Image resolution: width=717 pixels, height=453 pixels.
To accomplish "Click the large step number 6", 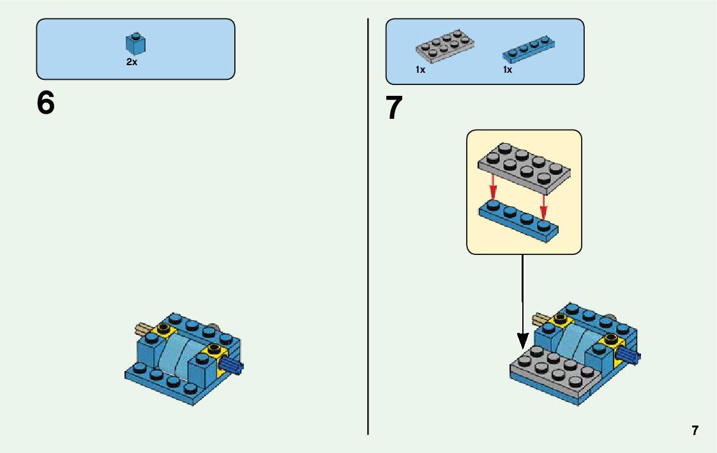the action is click(46, 103).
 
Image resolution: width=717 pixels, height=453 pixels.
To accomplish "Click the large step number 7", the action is click(395, 108).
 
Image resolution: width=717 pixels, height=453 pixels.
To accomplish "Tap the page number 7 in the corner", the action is click(695, 431).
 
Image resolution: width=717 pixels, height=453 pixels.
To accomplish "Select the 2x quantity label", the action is click(132, 63).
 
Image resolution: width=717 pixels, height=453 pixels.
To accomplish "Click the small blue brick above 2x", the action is click(135, 43).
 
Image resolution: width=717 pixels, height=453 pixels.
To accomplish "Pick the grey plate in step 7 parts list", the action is click(444, 46).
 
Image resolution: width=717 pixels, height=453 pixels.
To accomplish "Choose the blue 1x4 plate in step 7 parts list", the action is click(529, 48).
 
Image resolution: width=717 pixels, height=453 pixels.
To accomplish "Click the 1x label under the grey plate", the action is click(420, 70).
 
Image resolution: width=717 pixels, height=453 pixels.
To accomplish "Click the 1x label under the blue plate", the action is click(508, 70).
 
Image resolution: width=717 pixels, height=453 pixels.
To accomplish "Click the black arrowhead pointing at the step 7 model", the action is click(522, 342).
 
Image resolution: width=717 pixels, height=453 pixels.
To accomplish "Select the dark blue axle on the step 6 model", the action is click(233, 366).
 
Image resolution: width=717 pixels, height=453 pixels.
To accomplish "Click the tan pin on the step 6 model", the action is click(144, 330).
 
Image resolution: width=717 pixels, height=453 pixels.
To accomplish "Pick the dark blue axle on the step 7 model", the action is click(631, 356).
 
